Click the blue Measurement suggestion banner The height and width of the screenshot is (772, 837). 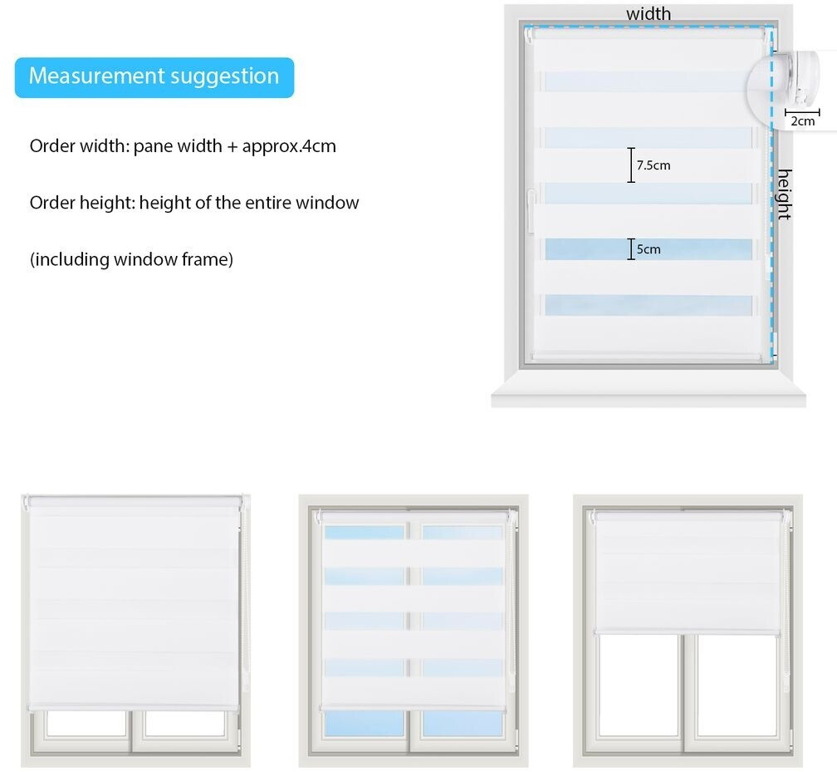[154, 76]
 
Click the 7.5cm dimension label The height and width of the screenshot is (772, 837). [653, 165]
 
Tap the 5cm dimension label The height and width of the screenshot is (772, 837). [649, 249]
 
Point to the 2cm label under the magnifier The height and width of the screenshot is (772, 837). [802, 121]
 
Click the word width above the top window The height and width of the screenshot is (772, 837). [649, 13]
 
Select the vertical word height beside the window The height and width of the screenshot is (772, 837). [784, 194]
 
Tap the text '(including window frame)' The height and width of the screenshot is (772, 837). [131, 259]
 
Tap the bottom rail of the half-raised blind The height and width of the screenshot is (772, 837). [688, 632]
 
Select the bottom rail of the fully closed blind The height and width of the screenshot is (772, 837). [133, 707]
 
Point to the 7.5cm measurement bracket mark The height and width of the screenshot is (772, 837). [631, 165]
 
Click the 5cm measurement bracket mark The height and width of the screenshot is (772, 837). [631, 249]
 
